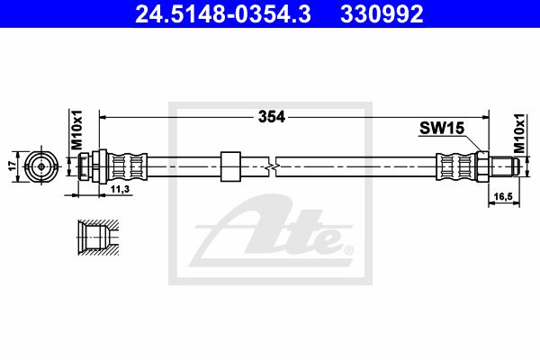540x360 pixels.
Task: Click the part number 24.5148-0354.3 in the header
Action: [x=223, y=13]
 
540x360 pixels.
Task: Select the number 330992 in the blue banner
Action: [x=382, y=13]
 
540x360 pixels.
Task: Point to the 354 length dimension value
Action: [x=272, y=117]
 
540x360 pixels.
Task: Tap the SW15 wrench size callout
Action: [x=442, y=128]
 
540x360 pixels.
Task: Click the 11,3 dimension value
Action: [x=120, y=189]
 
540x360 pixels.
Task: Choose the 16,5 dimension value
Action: [x=503, y=196]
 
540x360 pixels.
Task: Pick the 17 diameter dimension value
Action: [x=13, y=166]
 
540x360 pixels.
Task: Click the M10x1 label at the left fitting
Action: [x=76, y=130]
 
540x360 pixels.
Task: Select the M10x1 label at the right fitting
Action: [x=519, y=133]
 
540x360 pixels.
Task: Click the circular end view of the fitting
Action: [x=41, y=166]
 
